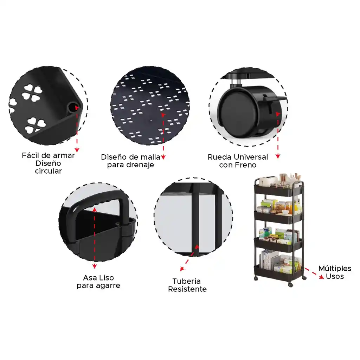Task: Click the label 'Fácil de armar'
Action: (48, 155)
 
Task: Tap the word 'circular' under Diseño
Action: (48, 171)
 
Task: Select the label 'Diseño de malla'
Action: (130, 157)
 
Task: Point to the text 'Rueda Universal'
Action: (238, 157)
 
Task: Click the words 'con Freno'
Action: (238, 165)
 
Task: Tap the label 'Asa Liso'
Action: (98, 278)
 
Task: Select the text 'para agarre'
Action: (98, 285)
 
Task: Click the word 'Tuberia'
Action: (187, 281)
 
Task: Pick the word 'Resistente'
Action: (187, 289)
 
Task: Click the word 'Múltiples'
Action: (335, 269)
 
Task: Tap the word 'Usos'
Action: (335, 276)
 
